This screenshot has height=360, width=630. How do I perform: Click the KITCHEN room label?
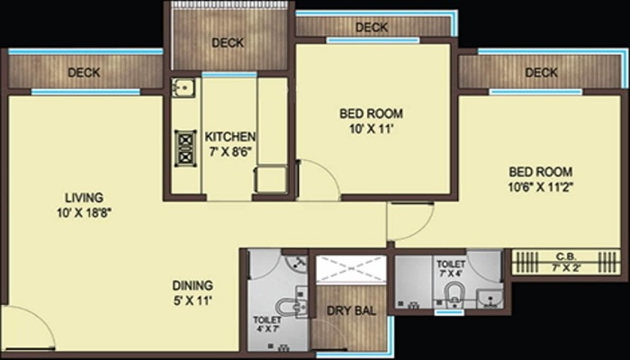(229, 137)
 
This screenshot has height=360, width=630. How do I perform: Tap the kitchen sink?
(184, 87)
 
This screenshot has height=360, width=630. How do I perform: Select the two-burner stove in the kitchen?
(185, 148)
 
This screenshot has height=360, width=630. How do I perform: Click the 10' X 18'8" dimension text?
(84, 212)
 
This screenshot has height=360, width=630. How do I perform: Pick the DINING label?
(193, 285)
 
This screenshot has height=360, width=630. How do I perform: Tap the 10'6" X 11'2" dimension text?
(540, 187)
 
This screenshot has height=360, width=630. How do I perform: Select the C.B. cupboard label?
(566, 255)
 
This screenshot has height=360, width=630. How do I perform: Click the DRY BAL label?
(352, 310)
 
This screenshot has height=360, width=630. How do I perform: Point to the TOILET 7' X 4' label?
(451, 268)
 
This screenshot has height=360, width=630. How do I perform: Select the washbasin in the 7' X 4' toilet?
(490, 298)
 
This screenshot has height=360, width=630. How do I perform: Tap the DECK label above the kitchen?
(228, 42)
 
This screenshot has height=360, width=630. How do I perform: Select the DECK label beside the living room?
(84, 73)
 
